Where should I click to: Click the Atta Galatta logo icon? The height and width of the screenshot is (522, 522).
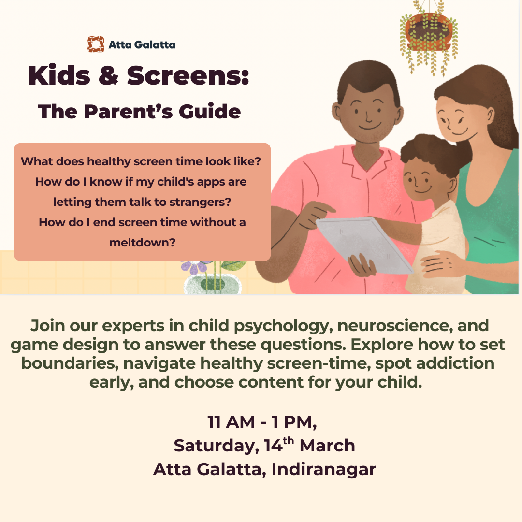[x=96, y=44]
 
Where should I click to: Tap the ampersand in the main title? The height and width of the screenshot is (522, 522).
[x=109, y=75]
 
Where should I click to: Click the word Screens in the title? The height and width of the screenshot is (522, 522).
[x=188, y=75]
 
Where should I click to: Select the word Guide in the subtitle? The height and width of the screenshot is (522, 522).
[x=210, y=112]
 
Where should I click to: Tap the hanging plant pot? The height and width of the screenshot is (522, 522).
[x=428, y=31]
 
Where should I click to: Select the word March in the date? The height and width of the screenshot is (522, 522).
[x=327, y=446]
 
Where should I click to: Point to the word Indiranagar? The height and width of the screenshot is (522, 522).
[x=323, y=470]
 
